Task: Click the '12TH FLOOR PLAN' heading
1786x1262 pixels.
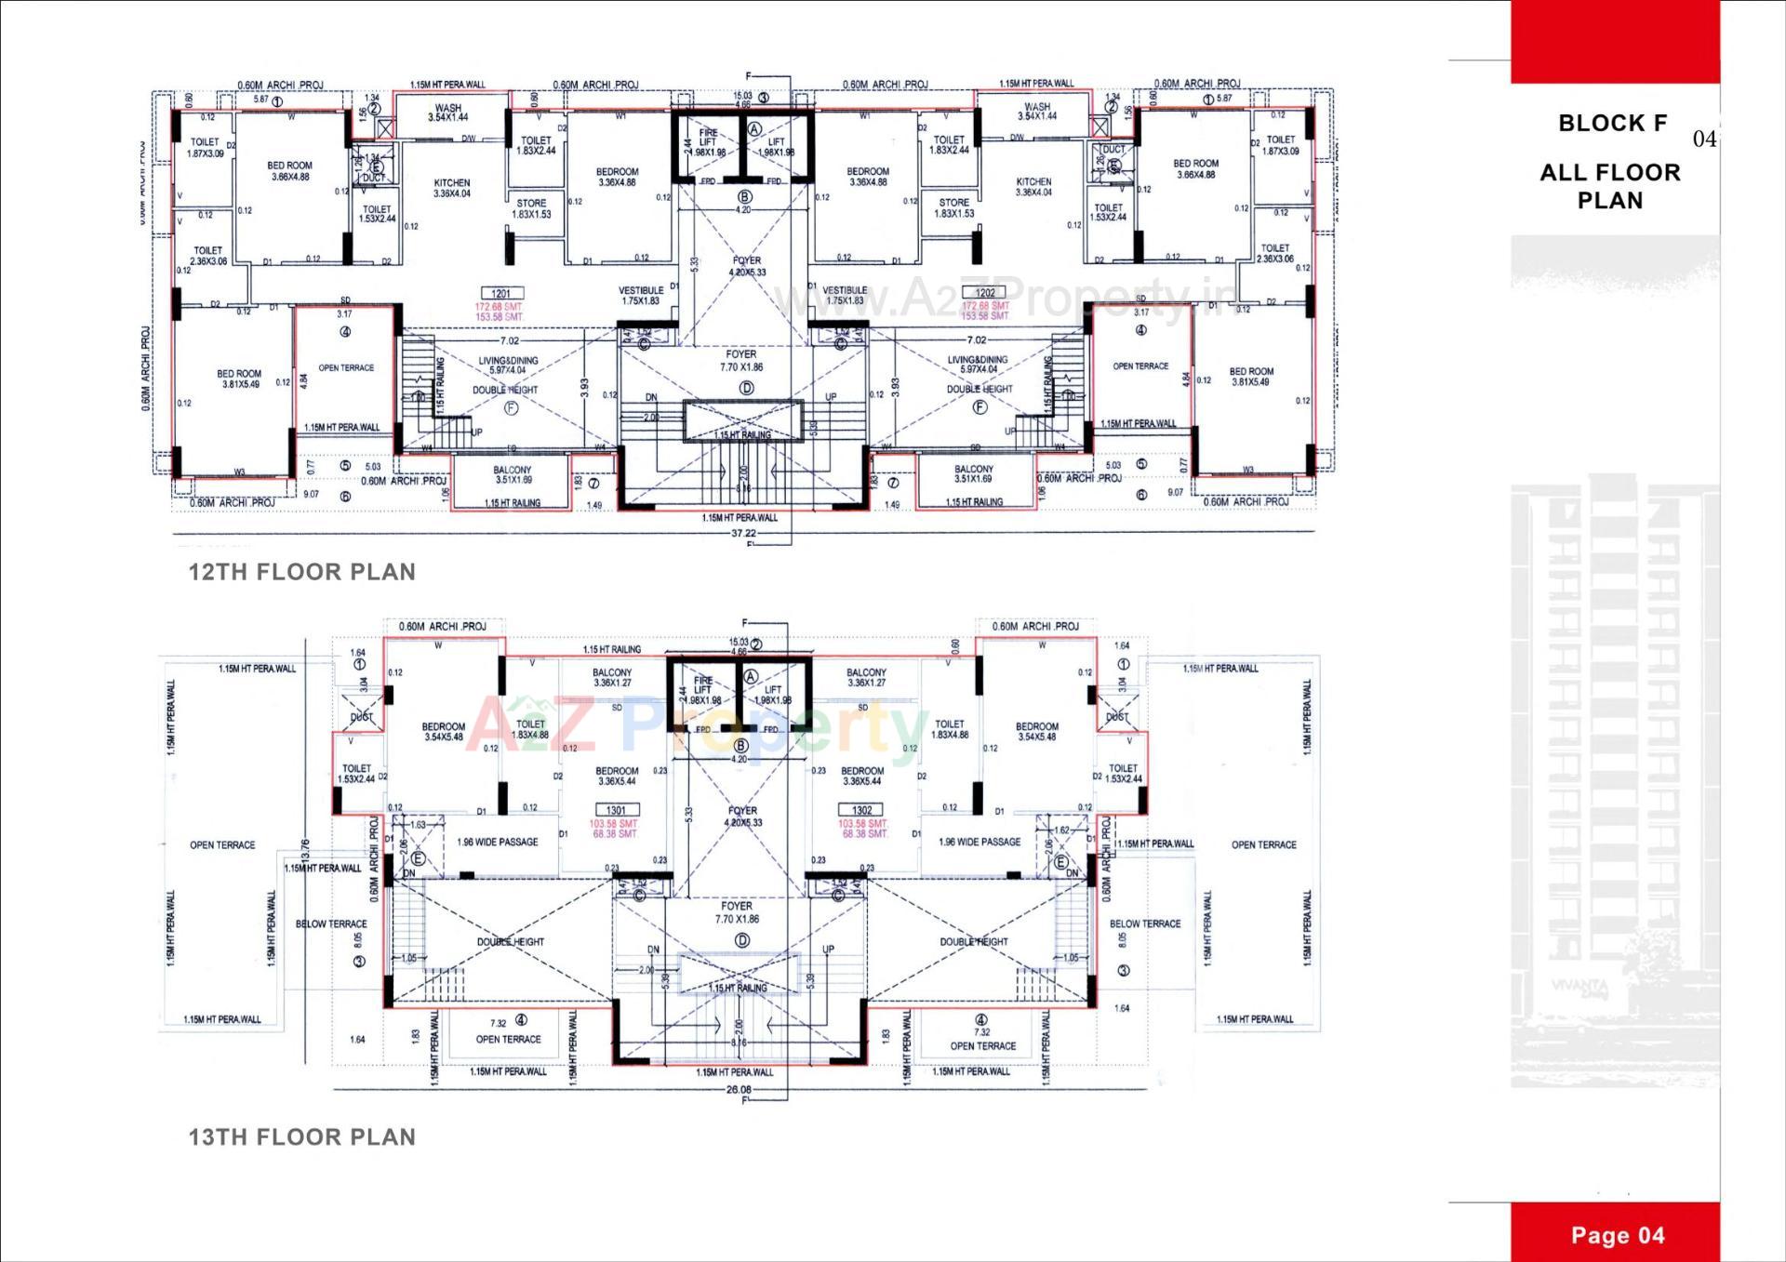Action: (302, 572)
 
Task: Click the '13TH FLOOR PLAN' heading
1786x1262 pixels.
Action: (302, 1136)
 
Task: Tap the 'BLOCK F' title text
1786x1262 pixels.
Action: (1612, 123)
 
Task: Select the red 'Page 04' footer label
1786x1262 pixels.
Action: (1618, 1235)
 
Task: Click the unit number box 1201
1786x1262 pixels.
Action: (500, 294)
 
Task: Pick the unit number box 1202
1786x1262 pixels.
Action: (985, 293)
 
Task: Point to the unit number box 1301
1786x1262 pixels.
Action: (616, 810)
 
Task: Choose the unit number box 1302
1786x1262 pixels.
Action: (861, 810)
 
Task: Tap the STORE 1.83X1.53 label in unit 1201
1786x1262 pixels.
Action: (531, 208)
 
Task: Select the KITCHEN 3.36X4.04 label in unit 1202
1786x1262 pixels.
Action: (1033, 187)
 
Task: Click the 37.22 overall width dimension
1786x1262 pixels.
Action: (743, 534)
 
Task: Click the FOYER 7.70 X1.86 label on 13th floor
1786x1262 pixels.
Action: (737, 911)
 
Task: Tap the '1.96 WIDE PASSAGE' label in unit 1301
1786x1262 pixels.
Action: (497, 842)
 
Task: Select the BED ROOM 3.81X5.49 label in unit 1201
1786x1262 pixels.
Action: (239, 379)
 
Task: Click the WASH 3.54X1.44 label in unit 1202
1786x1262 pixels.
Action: (1037, 112)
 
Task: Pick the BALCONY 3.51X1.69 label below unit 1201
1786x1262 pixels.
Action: (512, 474)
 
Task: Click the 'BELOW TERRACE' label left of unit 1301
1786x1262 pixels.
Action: (331, 923)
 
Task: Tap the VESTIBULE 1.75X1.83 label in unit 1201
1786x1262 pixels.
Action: (640, 296)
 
